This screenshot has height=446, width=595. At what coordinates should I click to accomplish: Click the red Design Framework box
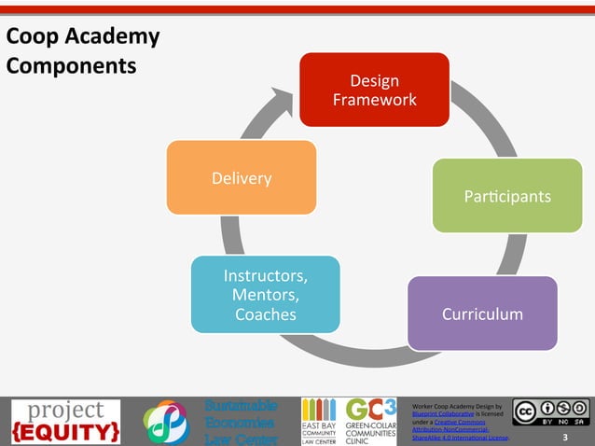click(x=373, y=90)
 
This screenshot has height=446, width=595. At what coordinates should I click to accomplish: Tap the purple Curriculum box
click(x=482, y=314)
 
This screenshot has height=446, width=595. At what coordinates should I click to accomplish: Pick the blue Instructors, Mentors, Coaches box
click(x=265, y=295)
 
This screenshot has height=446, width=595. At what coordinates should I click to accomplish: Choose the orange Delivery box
click(x=241, y=177)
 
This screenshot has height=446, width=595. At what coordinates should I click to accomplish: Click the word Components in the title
click(x=71, y=67)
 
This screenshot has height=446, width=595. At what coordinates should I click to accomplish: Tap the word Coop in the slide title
click(x=28, y=37)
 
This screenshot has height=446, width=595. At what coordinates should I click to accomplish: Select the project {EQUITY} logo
click(x=65, y=422)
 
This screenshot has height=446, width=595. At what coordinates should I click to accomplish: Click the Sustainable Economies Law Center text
click(x=241, y=422)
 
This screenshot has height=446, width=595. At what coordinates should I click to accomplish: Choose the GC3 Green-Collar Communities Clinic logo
click(x=370, y=422)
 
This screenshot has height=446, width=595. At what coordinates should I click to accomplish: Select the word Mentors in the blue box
click(x=266, y=295)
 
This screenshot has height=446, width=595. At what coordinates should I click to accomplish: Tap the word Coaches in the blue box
click(x=266, y=314)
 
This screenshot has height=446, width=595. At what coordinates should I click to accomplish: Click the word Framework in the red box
click(x=374, y=99)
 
